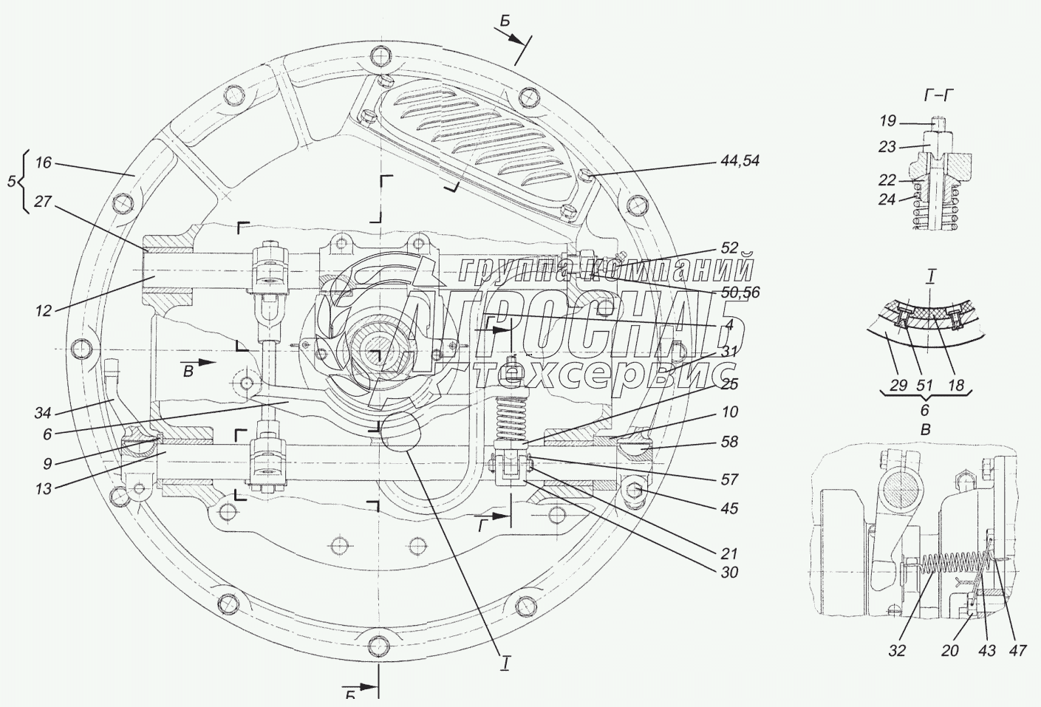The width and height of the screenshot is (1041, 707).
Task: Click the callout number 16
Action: [43, 163]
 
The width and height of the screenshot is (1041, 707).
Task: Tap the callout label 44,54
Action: [740, 161]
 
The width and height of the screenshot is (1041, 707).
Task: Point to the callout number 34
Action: [43, 412]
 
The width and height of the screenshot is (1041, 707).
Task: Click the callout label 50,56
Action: [740, 293]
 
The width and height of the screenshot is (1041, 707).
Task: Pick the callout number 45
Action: [729, 508]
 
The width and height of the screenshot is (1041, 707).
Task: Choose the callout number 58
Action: [729, 442]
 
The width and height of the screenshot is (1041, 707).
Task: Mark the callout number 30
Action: [729, 573]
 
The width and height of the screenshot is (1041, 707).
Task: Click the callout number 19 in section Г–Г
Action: [887, 121]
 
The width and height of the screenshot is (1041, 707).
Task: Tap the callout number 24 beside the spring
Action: [887, 199]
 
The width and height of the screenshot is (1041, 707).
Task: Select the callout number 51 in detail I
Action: [924, 386]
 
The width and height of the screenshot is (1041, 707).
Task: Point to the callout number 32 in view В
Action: [897, 651]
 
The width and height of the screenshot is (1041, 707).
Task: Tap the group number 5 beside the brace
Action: [11, 182]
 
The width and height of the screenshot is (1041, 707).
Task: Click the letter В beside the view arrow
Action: [188, 372]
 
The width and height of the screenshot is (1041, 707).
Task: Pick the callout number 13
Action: [43, 488]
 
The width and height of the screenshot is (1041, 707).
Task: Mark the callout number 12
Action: [43, 311]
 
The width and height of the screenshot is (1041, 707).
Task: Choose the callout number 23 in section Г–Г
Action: [887, 147]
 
